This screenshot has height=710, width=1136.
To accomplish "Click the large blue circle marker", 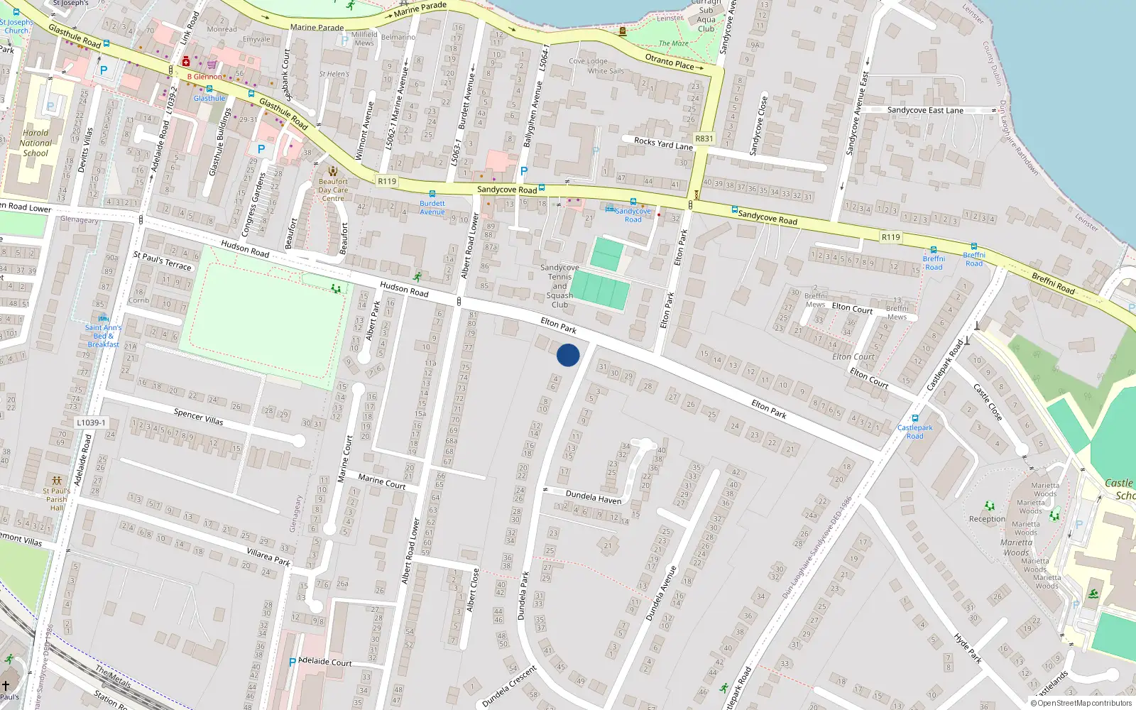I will click(568, 355).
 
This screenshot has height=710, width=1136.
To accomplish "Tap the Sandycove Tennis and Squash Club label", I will click(559, 286).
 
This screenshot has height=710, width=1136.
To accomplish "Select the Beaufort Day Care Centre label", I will click(333, 190).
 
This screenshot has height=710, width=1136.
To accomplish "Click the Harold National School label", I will click(35, 143).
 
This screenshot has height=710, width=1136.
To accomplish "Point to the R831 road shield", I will click(704, 138).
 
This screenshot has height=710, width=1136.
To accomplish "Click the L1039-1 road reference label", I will click(91, 422).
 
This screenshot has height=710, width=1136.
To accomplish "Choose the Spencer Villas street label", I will click(199, 417).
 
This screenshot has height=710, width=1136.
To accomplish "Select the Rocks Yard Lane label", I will click(663, 143).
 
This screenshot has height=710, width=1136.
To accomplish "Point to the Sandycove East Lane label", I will click(925, 110).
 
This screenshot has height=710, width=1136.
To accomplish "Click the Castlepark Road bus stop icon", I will click(914, 418).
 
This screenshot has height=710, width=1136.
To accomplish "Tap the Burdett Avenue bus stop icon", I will click(432, 194).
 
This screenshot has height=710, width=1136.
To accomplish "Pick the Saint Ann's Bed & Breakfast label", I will click(104, 336).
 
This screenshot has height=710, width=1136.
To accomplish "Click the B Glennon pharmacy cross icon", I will click(186, 62).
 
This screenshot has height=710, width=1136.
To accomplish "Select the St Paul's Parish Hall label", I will click(57, 499).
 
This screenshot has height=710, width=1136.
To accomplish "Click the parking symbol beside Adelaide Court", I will click(292, 662).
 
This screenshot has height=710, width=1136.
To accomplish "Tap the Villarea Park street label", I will click(268, 556).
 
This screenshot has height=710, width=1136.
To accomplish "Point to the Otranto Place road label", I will click(670, 62).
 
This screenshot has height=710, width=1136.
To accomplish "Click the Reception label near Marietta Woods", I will click(987, 519).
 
